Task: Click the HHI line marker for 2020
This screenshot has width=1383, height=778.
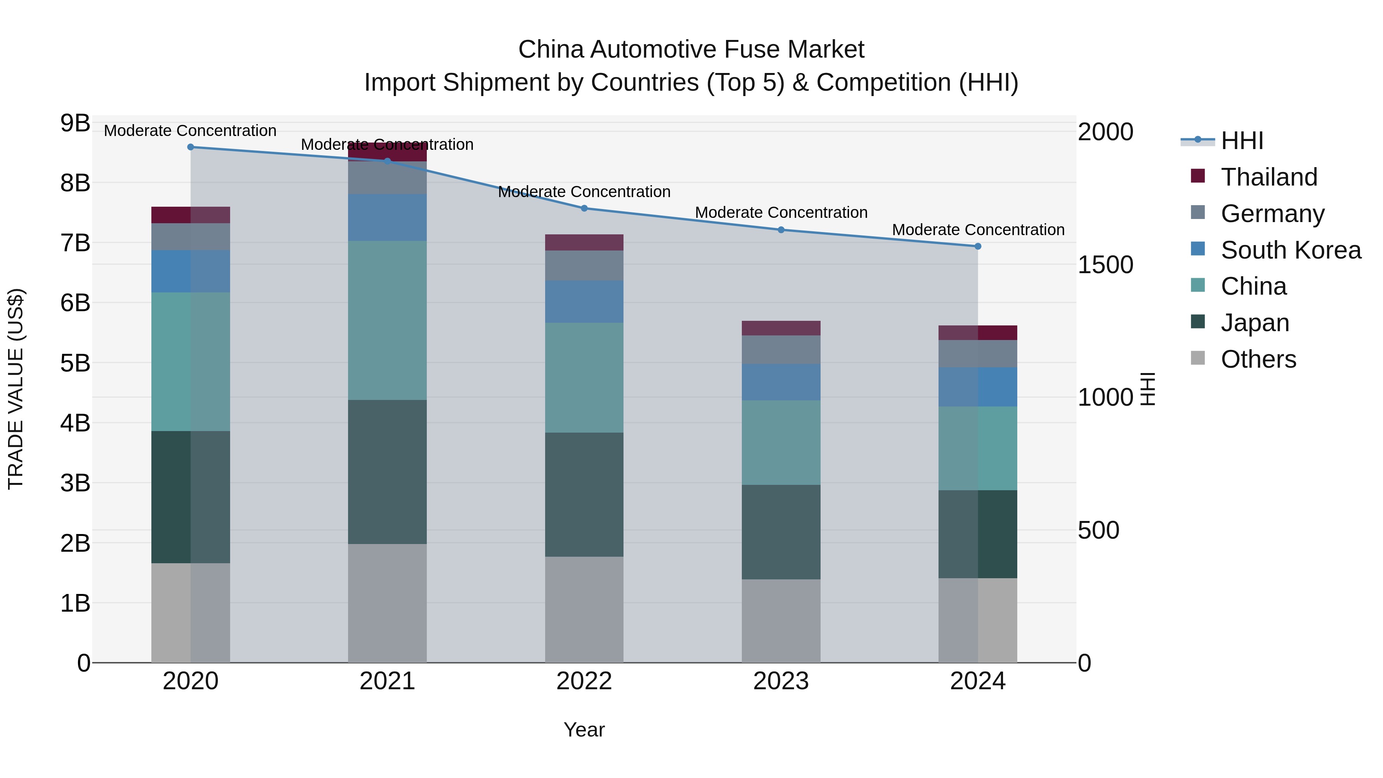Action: coord(191,147)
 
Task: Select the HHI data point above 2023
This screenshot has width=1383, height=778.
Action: coord(781,230)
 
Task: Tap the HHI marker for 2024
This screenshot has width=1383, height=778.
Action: coord(978,246)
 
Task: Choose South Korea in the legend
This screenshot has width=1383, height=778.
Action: coord(1291,250)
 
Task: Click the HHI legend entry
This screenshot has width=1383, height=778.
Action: coord(1242,141)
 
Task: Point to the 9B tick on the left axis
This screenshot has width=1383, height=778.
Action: coord(75,123)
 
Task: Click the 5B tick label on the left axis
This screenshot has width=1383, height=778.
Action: coord(75,363)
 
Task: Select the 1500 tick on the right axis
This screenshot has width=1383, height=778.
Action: coord(1105,265)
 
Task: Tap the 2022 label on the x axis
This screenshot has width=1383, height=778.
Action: coord(584,681)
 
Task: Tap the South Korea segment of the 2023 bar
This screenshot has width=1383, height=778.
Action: coord(781,382)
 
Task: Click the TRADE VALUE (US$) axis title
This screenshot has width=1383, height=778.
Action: coord(16,389)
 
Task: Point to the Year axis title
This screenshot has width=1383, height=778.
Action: coord(584,730)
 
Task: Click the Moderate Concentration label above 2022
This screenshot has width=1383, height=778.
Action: coord(584,192)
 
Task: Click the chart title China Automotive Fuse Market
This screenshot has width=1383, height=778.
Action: coord(691,50)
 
